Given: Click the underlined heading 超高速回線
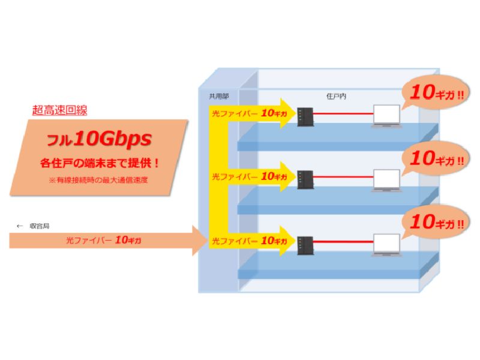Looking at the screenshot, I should [x=59, y=110].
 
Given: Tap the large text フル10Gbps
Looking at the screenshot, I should [x=100, y=140].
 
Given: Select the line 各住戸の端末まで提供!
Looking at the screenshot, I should [x=100, y=162].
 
